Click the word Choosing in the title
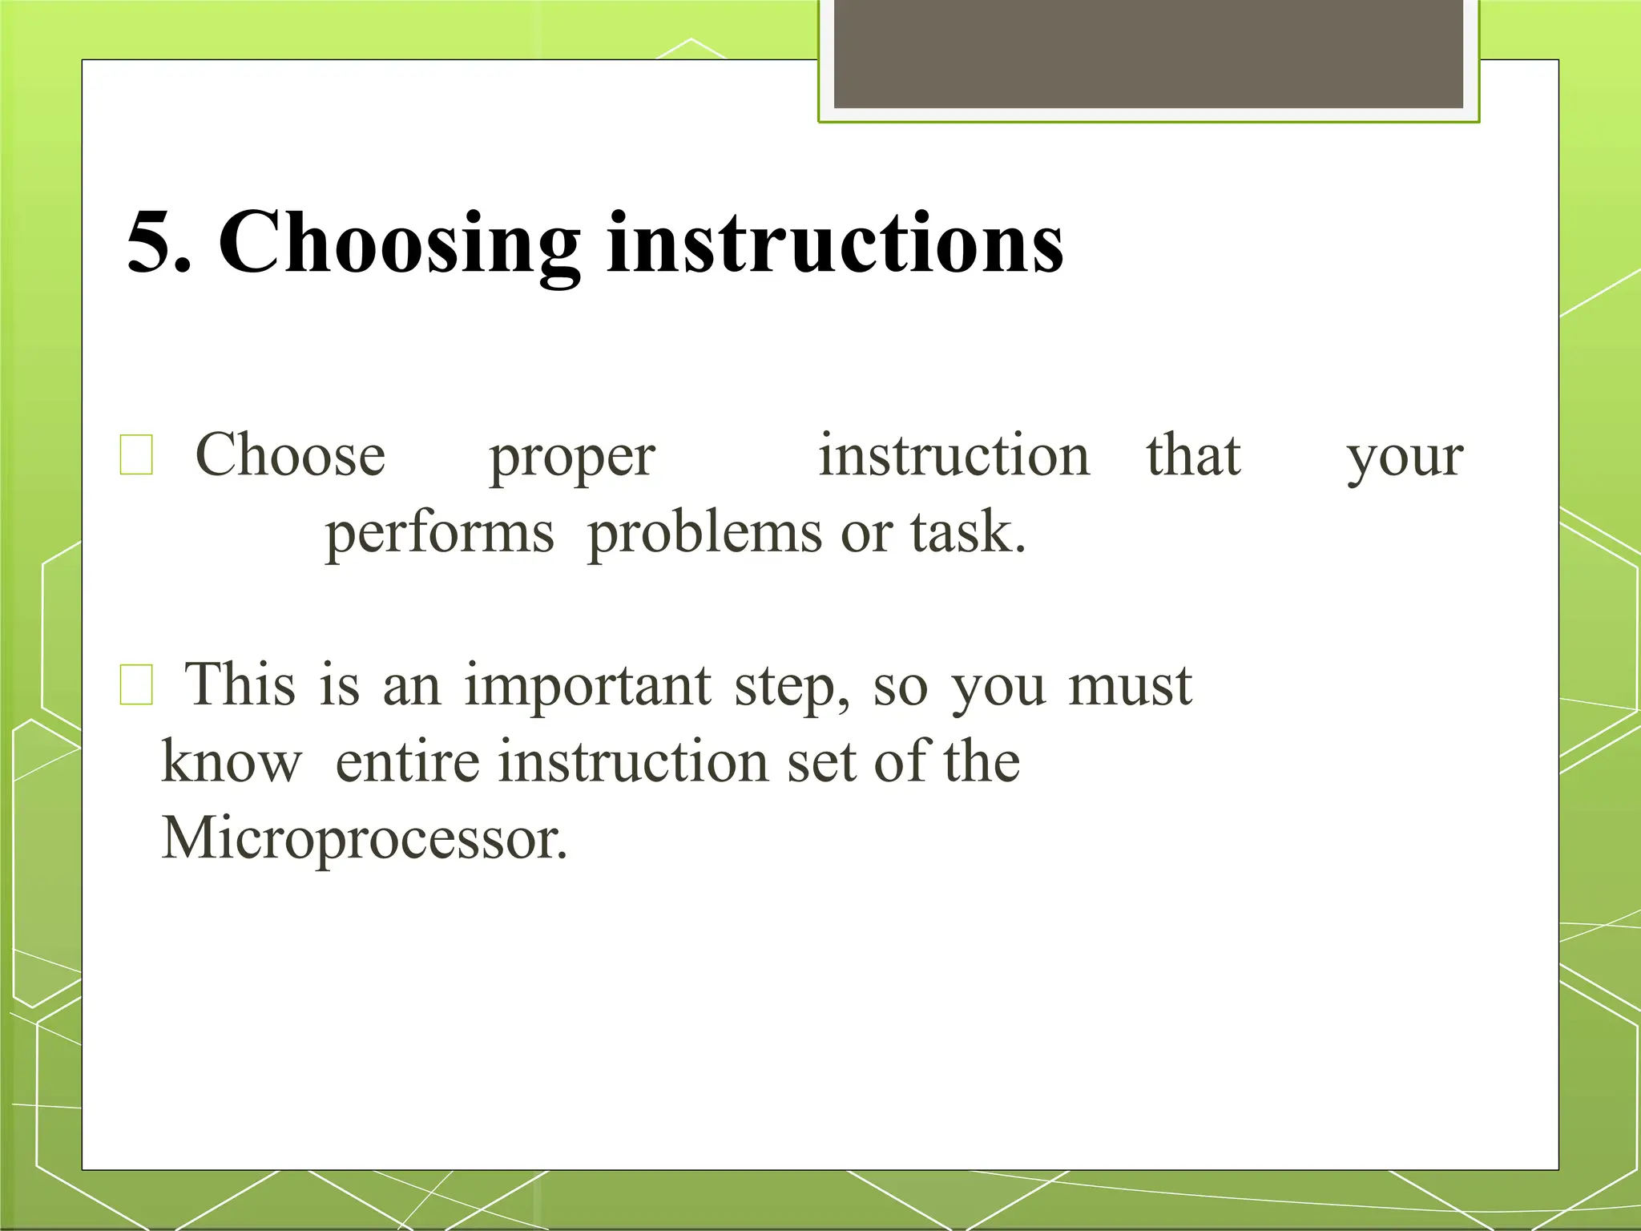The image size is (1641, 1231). click(398, 243)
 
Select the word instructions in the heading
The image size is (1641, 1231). click(835, 243)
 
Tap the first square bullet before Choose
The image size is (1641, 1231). click(136, 455)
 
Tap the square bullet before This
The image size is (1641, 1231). click(136, 685)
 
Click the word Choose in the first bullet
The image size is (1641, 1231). click(290, 455)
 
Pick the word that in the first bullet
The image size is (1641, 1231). click(1193, 455)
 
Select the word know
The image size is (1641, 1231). click(232, 761)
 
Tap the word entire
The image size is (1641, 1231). click(407, 761)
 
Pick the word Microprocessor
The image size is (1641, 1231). click(365, 839)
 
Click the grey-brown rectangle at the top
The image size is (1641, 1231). click(1148, 54)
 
